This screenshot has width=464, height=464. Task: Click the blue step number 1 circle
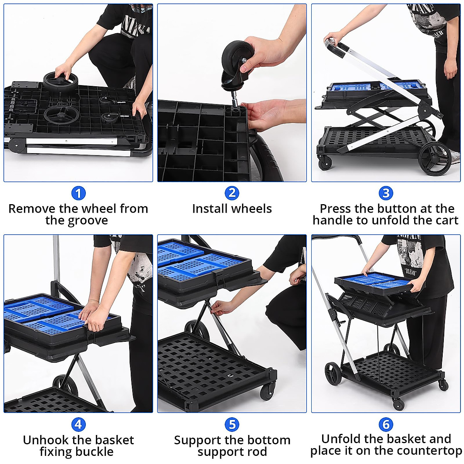point(78,193)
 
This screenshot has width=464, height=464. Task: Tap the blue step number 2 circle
point(232,193)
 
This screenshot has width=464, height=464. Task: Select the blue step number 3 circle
point(386,193)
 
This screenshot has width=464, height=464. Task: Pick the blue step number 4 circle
point(78,425)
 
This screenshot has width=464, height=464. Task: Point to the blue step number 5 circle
point(232,425)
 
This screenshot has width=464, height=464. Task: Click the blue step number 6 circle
point(386,424)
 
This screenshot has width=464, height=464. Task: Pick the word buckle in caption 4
point(96,452)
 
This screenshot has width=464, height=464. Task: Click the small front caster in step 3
point(325,163)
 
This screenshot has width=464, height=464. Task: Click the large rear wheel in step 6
point(333,373)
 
